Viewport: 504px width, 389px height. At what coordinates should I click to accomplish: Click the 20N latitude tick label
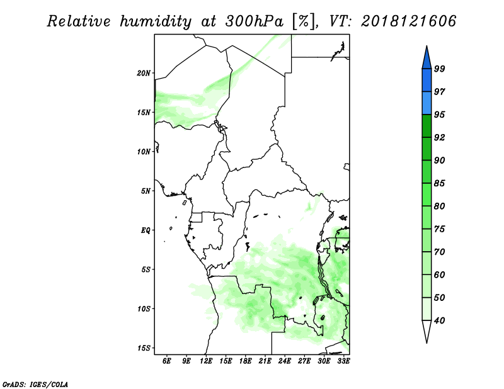pos(144,73)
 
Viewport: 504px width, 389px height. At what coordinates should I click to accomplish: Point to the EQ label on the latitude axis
pos(146,230)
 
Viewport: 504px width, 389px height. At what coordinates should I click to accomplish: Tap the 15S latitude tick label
pos(144,348)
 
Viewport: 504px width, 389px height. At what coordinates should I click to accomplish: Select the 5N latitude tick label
pos(146,191)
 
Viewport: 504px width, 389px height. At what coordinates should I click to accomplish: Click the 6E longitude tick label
pos(166,361)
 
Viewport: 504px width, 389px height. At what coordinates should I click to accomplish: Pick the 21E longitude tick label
pos(265,361)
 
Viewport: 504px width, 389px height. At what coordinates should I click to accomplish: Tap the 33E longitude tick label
pos(343,361)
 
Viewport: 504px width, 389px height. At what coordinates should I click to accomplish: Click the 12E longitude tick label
pos(206,361)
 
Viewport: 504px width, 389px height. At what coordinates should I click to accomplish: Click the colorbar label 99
pos(439,69)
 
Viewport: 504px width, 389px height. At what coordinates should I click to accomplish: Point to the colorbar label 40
pos(439,320)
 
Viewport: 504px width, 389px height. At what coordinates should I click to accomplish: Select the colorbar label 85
pos(439,183)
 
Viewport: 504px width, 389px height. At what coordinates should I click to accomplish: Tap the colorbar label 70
pos(439,252)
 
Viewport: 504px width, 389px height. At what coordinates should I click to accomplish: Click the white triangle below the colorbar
pos(427,330)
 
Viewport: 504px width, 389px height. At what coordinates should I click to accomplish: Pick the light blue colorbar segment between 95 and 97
pos(427,103)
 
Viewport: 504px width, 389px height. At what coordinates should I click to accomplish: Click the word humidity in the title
pos(156,22)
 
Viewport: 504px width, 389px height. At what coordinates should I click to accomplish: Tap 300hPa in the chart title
pos(254,21)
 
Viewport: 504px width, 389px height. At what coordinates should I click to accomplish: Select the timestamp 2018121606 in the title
pos(408,21)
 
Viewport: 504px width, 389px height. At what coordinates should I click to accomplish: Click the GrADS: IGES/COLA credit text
pos(35,385)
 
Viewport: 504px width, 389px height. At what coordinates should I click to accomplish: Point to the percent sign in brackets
pos(303,21)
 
